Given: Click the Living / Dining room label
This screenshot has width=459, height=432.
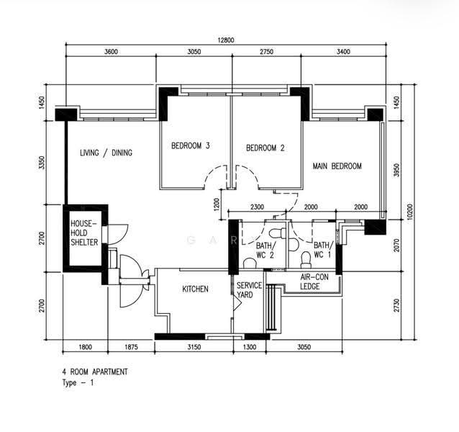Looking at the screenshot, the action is click(106, 153).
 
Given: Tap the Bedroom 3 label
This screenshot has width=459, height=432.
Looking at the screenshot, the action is click(191, 145).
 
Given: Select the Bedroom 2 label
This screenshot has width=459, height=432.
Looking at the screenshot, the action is click(265, 148).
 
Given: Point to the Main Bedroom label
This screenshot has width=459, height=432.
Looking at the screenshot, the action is click(337, 166).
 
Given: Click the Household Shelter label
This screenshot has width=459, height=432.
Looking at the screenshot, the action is click(84, 233).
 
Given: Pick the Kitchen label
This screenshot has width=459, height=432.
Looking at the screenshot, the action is click(195, 289).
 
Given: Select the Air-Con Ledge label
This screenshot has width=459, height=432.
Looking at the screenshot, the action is click(314, 282).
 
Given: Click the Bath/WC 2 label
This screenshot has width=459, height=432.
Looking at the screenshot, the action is click(265, 250).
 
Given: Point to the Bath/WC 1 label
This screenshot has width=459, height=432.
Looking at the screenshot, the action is click(323, 250).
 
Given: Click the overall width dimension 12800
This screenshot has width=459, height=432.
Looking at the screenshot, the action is click(226, 40).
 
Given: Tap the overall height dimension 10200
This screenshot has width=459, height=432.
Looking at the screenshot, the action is click(409, 212).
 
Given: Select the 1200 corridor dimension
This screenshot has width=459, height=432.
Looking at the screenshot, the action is click(217, 204).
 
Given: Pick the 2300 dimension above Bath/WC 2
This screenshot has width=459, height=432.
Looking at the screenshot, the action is click(257, 207).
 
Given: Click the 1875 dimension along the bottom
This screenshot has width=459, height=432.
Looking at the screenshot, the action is click(131, 347).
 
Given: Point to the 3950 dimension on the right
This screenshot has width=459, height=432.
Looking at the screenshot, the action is click(396, 170).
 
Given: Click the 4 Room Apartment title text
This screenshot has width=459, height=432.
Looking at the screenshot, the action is click(95, 372).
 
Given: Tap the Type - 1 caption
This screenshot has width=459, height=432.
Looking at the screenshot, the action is click(78, 383).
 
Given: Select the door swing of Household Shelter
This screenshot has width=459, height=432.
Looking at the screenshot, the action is click(118, 234).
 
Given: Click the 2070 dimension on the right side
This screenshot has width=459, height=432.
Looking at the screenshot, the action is click(396, 246).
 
